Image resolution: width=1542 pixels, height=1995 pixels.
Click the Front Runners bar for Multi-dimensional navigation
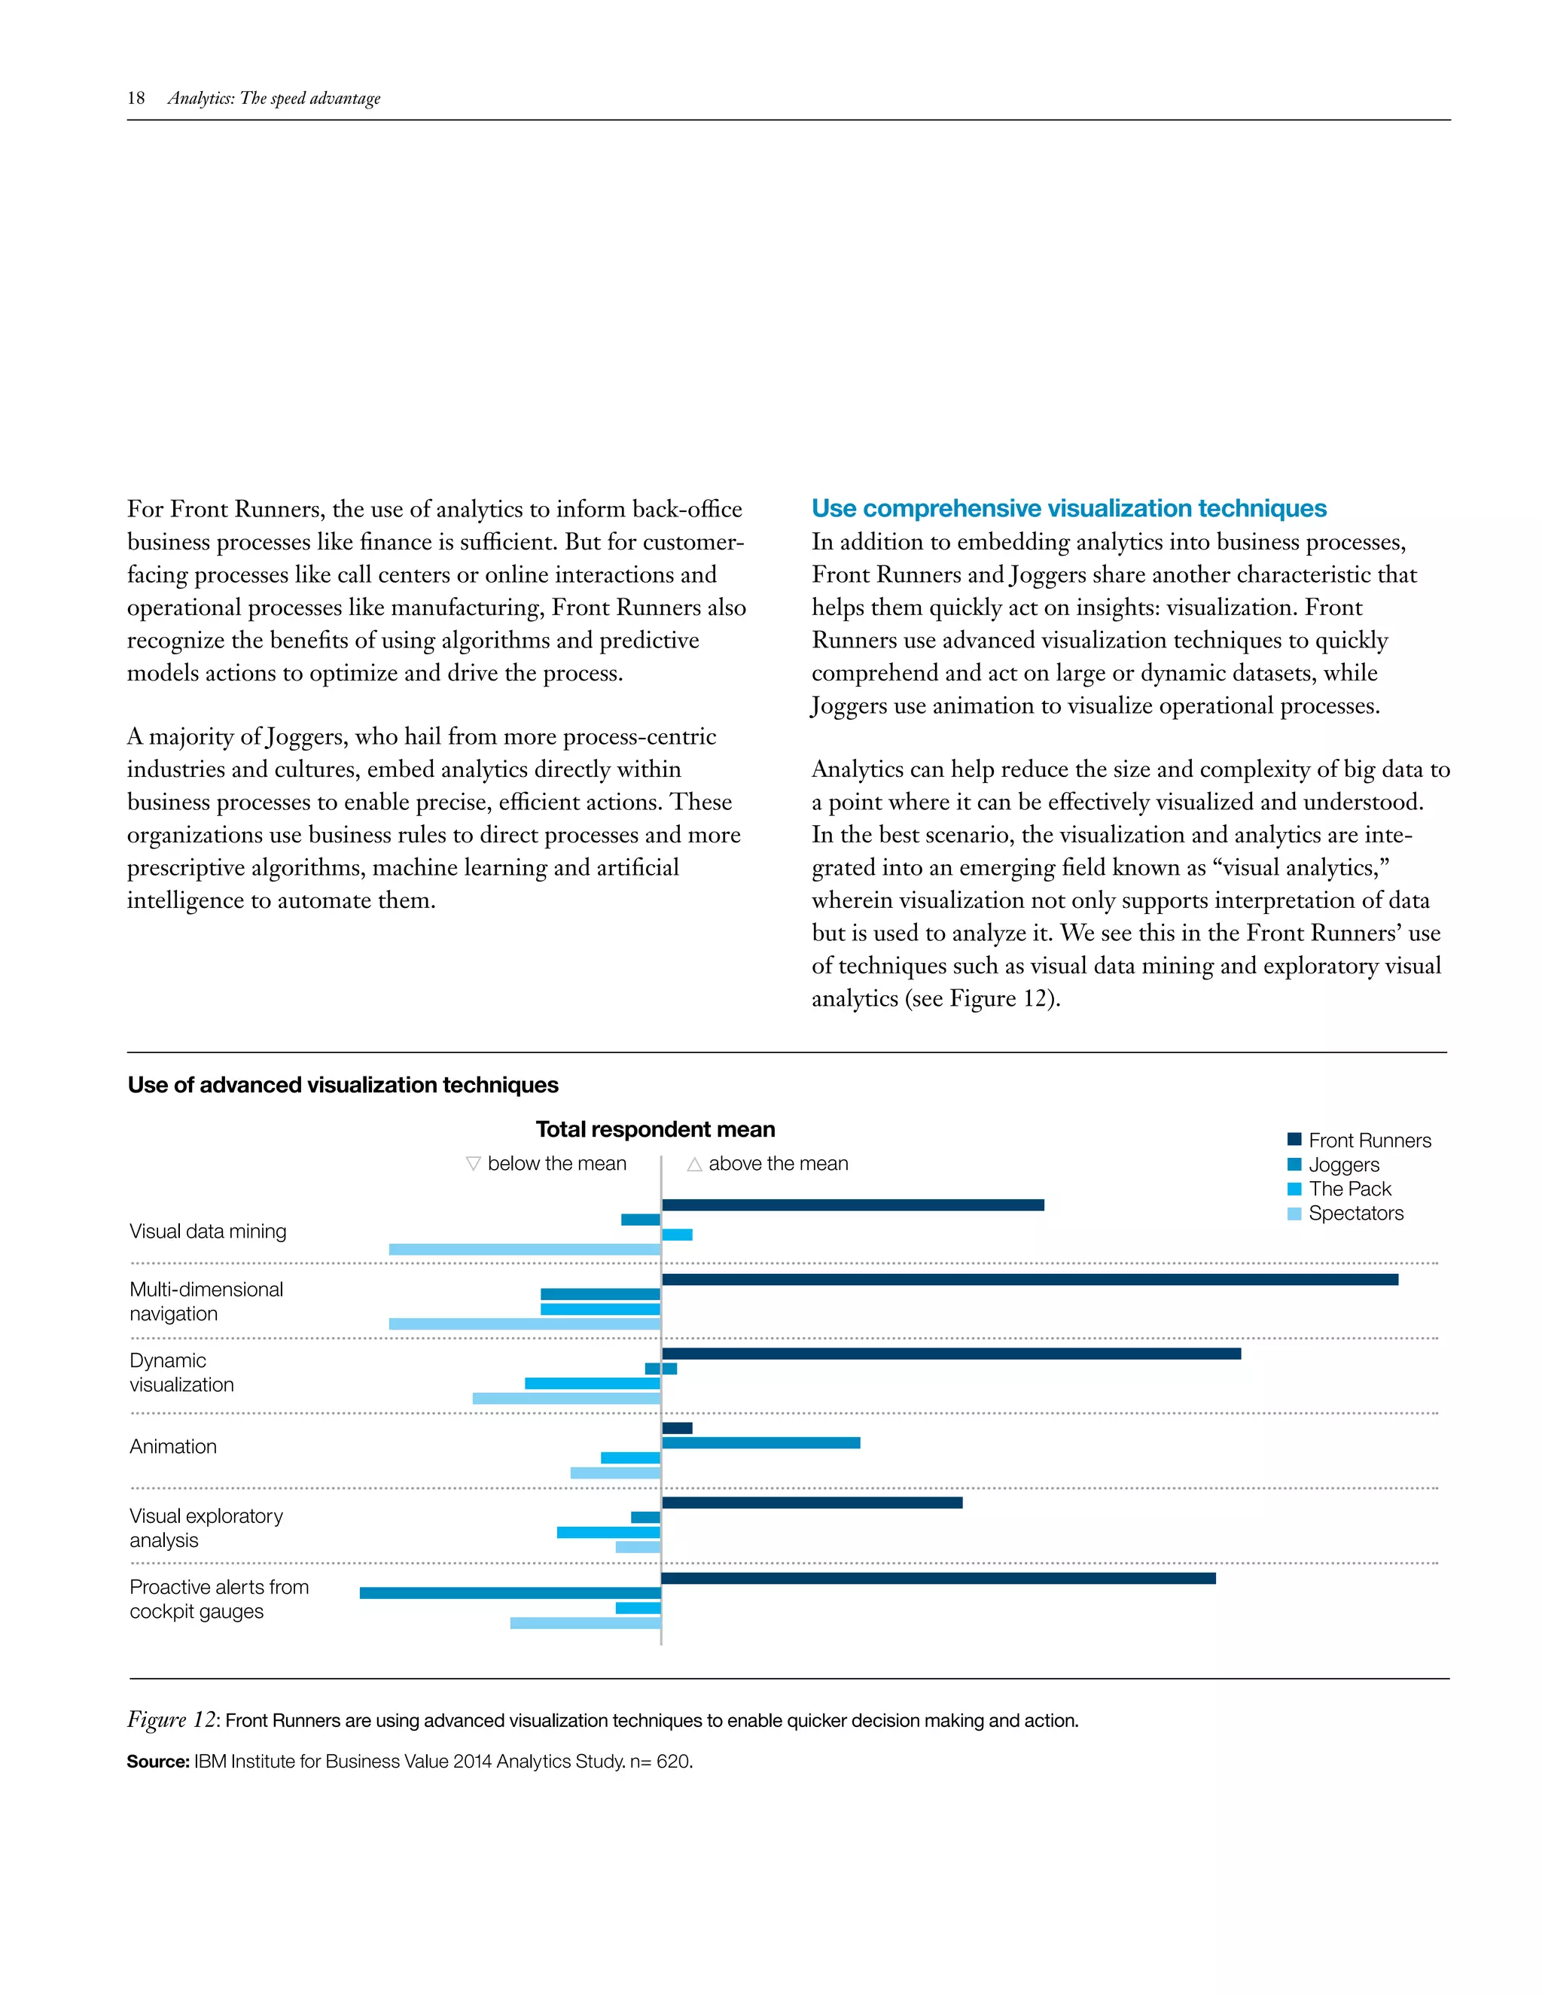pos(1029,1279)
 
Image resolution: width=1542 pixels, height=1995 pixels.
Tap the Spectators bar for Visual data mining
pos(524,1249)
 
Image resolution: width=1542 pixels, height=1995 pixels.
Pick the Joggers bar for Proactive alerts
pos(510,1592)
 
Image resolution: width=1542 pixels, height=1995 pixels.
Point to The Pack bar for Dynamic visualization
pos(592,1383)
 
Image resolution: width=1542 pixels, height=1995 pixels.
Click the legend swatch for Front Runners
pos(1294,1139)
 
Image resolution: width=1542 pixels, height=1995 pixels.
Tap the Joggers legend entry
pos(1343,1165)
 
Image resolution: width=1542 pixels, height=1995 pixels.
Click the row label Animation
pos(172,1446)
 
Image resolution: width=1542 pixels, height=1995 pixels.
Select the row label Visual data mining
pos(207,1232)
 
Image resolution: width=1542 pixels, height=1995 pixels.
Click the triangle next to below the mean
pos(473,1163)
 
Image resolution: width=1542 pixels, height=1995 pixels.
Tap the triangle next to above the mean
pos(694,1164)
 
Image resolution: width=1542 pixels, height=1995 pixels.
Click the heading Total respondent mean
pos(655,1129)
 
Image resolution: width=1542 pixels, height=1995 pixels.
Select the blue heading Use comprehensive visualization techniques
pos(1069,508)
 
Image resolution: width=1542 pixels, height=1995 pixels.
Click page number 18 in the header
pos(136,98)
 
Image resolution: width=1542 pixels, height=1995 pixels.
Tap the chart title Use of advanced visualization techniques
pos(343,1084)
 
